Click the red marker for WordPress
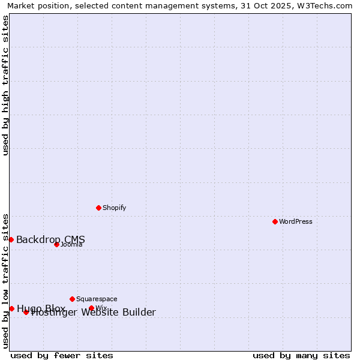click(275, 222)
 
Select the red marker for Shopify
click(98, 208)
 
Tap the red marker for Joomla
click(56, 244)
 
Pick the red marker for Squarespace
click(72, 299)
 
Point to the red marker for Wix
click(91, 308)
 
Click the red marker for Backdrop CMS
click(11, 239)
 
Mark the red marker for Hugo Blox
click(11, 308)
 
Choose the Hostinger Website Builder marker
click(26, 312)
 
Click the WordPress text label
click(296, 222)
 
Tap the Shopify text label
click(114, 208)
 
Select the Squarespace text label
click(97, 299)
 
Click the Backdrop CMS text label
click(50, 240)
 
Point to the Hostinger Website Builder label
click(94, 313)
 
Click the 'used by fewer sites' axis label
click(62, 355)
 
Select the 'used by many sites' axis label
click(301, 355)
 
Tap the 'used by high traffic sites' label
click(6, 85)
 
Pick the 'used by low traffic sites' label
click(6, 280)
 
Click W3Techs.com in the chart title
click(323, 6)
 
